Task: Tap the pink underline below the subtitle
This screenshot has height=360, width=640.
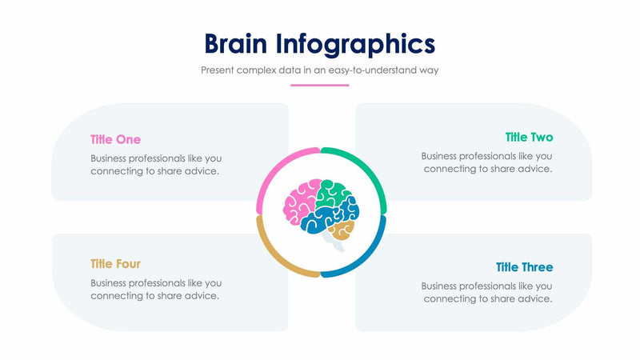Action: pyautogui.click(x=320, y=85)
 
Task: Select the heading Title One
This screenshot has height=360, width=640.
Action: pyautogui.click(x=115, y=139)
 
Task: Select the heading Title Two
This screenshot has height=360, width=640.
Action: pyautogui.click(x=529, y=138)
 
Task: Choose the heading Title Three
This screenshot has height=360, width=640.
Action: pyautogui.click(x=524, y=267)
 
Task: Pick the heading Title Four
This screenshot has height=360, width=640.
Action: pyautogui.click(x=115, y=264)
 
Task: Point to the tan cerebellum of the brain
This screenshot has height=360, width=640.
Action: pyautogui.click(x=342, y=231)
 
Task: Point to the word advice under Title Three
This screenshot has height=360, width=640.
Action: pyautogui.click(x=534, y=298)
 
